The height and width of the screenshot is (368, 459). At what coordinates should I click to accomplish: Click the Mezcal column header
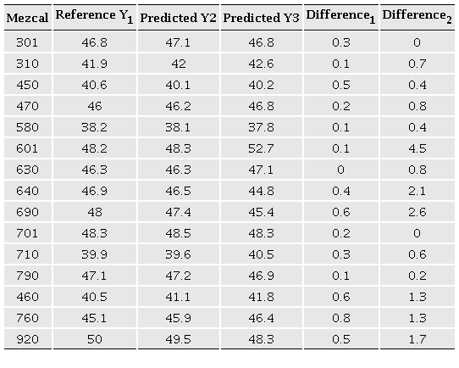point(27,17)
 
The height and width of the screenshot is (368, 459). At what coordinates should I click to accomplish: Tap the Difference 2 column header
point(417,16)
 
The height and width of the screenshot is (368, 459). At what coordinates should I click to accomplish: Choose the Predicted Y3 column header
point(261,17)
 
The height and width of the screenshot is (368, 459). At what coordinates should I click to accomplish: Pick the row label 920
point(27,339)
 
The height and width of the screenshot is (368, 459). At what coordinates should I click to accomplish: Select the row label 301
point(27,42)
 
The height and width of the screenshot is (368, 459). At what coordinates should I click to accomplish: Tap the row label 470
point(27,106)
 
